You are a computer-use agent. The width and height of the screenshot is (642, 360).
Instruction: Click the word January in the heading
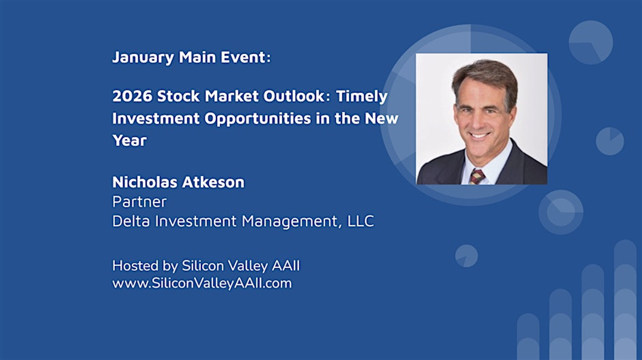pos(143,58)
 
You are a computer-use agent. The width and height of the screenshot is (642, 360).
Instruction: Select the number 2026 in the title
pos(132,96)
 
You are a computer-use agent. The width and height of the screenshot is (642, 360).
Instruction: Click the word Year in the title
pos(130,140)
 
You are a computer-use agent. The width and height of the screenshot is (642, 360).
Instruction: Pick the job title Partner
pos(139,202)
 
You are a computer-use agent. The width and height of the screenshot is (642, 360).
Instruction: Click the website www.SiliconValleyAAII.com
pos(202,283)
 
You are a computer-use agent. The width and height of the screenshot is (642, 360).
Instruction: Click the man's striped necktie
pos(477,176)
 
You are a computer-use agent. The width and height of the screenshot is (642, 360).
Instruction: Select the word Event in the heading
pos(245,57)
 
